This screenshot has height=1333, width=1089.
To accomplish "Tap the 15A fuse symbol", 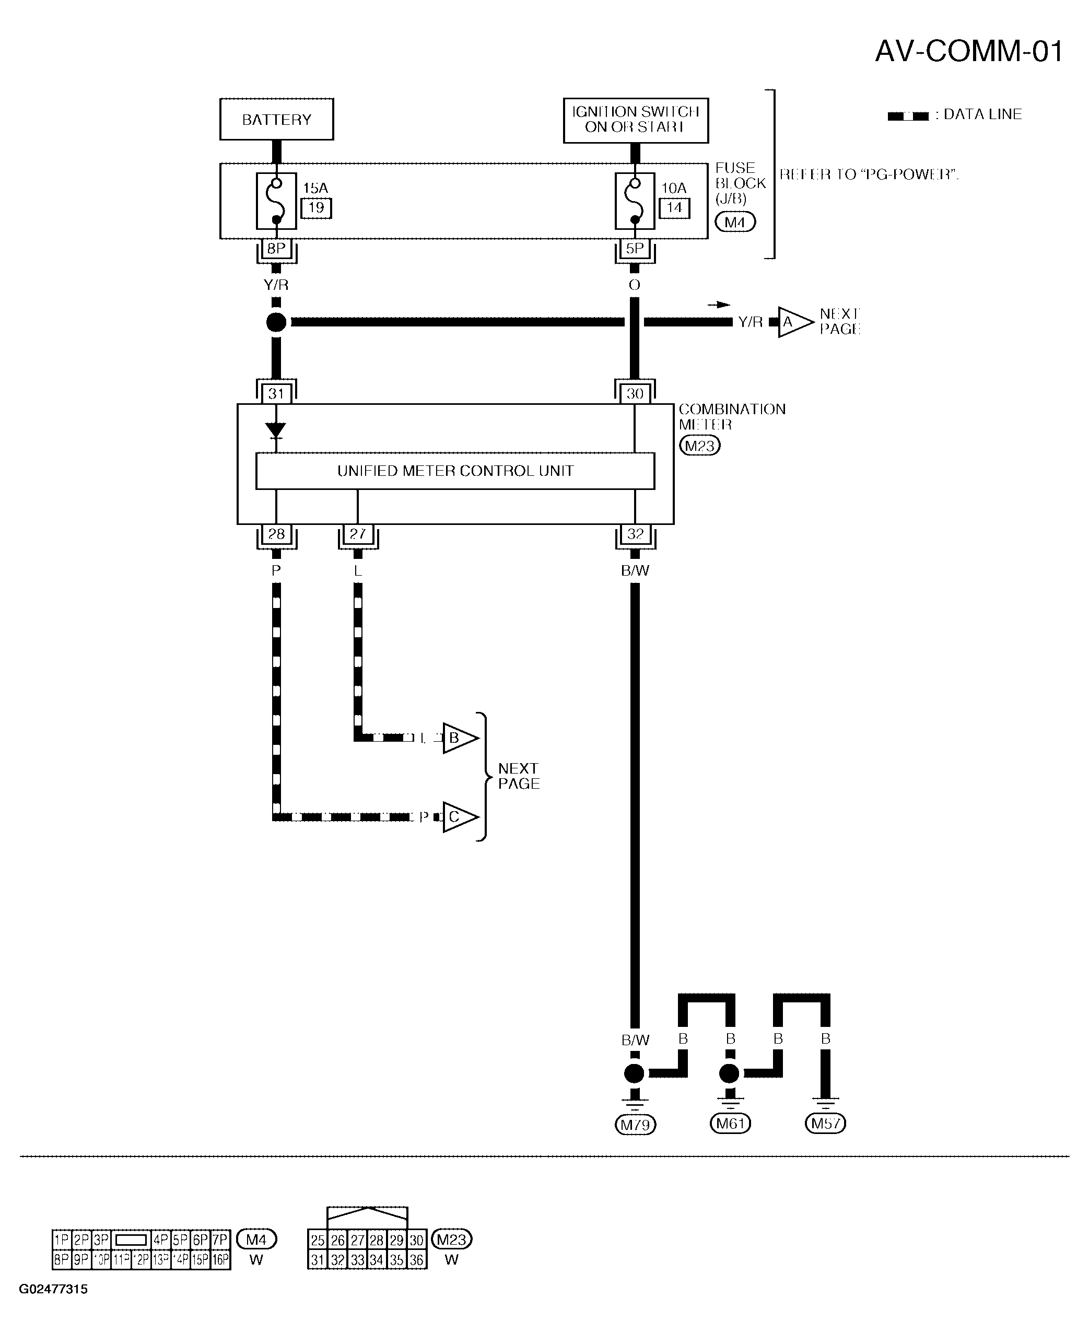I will pyautogui.click(x=276, y=201).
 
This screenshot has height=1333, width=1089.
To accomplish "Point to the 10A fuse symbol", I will pyautogui.click(x=634, y=201).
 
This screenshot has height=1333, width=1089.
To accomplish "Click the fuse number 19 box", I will pyautogui.click(x=316, y=208).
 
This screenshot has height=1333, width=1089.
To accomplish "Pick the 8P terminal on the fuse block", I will pyautogui.click(x=276, y=249).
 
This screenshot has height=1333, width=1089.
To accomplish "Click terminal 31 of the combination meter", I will pyautogui.click(x=276, y=393).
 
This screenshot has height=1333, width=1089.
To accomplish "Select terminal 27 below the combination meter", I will pyautogui.click(x=358, y=534).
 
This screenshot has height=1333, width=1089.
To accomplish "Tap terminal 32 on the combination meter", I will pyautogui.click(x=635, y=534).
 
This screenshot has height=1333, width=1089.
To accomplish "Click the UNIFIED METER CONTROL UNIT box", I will pyautogui.click(x=455, y=471).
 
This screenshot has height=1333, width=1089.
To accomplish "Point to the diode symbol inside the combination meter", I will pyautogui.click(x=275, y=430).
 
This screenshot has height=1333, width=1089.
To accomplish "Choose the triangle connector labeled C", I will pyautogui.click(x=459, y=817).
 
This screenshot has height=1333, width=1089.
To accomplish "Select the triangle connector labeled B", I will pyautogui.click(x=459, y=738).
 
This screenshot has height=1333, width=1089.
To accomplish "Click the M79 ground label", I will pyautogui.click(x=635, y=1125).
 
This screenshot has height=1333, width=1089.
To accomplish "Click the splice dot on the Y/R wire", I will pyautogui.click(x=276, y=322).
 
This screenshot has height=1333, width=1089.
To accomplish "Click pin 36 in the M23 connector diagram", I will pyautogui.click(x=416, y=1259).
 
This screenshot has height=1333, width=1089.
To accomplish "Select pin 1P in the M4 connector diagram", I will pyautogui.click(x=62, y=1240).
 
